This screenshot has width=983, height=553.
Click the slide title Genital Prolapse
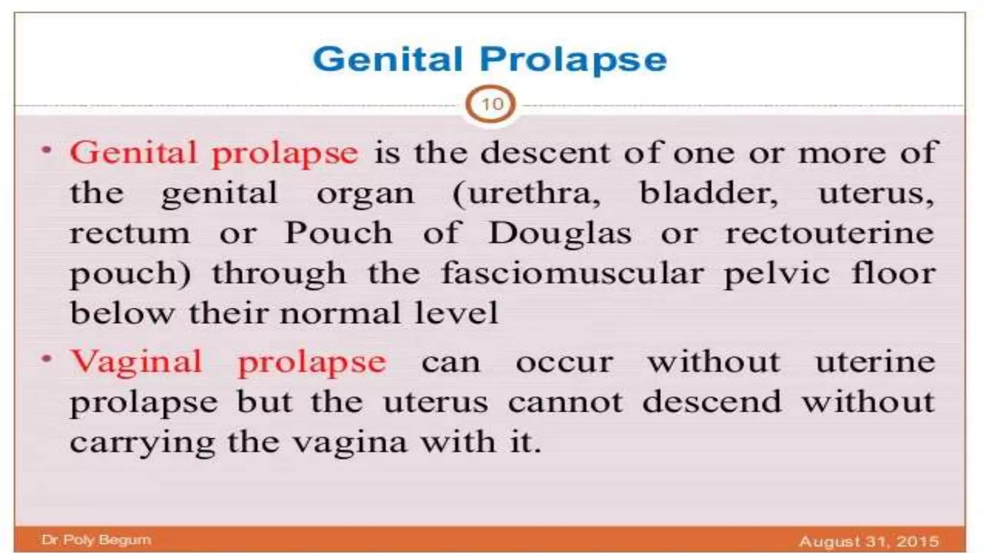point(490,60)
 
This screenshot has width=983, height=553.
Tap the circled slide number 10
point(491,104)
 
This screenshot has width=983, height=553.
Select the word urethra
point(533,193)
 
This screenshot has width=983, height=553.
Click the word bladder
point(708,193)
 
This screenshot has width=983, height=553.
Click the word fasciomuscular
point(572,274)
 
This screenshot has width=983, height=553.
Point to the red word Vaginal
point(136,361)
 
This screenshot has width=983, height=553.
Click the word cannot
point(565,402)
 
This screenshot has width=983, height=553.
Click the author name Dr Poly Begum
point(96,540)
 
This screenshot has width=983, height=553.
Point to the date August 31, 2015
point(868,541)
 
